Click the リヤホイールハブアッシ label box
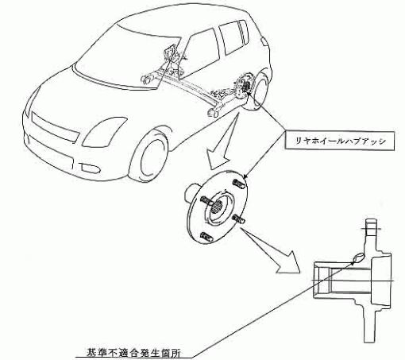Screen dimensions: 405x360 [x=340, y=141]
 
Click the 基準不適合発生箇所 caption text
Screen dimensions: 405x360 [x=133, y=354]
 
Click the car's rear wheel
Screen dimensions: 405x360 [x=260, y=89]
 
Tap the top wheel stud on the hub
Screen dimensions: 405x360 [x=239, y=184]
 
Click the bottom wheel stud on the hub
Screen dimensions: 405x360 [x=206, y=236]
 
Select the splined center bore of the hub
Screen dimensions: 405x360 [x=218, y=207]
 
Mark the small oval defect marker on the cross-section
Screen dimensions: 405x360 [x=358, y=257]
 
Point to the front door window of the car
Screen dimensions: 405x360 [x=200, y=49]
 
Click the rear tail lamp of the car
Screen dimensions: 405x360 [x=264, y=41]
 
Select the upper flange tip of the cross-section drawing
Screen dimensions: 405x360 [x=371, y=223]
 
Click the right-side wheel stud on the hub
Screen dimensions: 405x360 [x=238, y=219]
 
